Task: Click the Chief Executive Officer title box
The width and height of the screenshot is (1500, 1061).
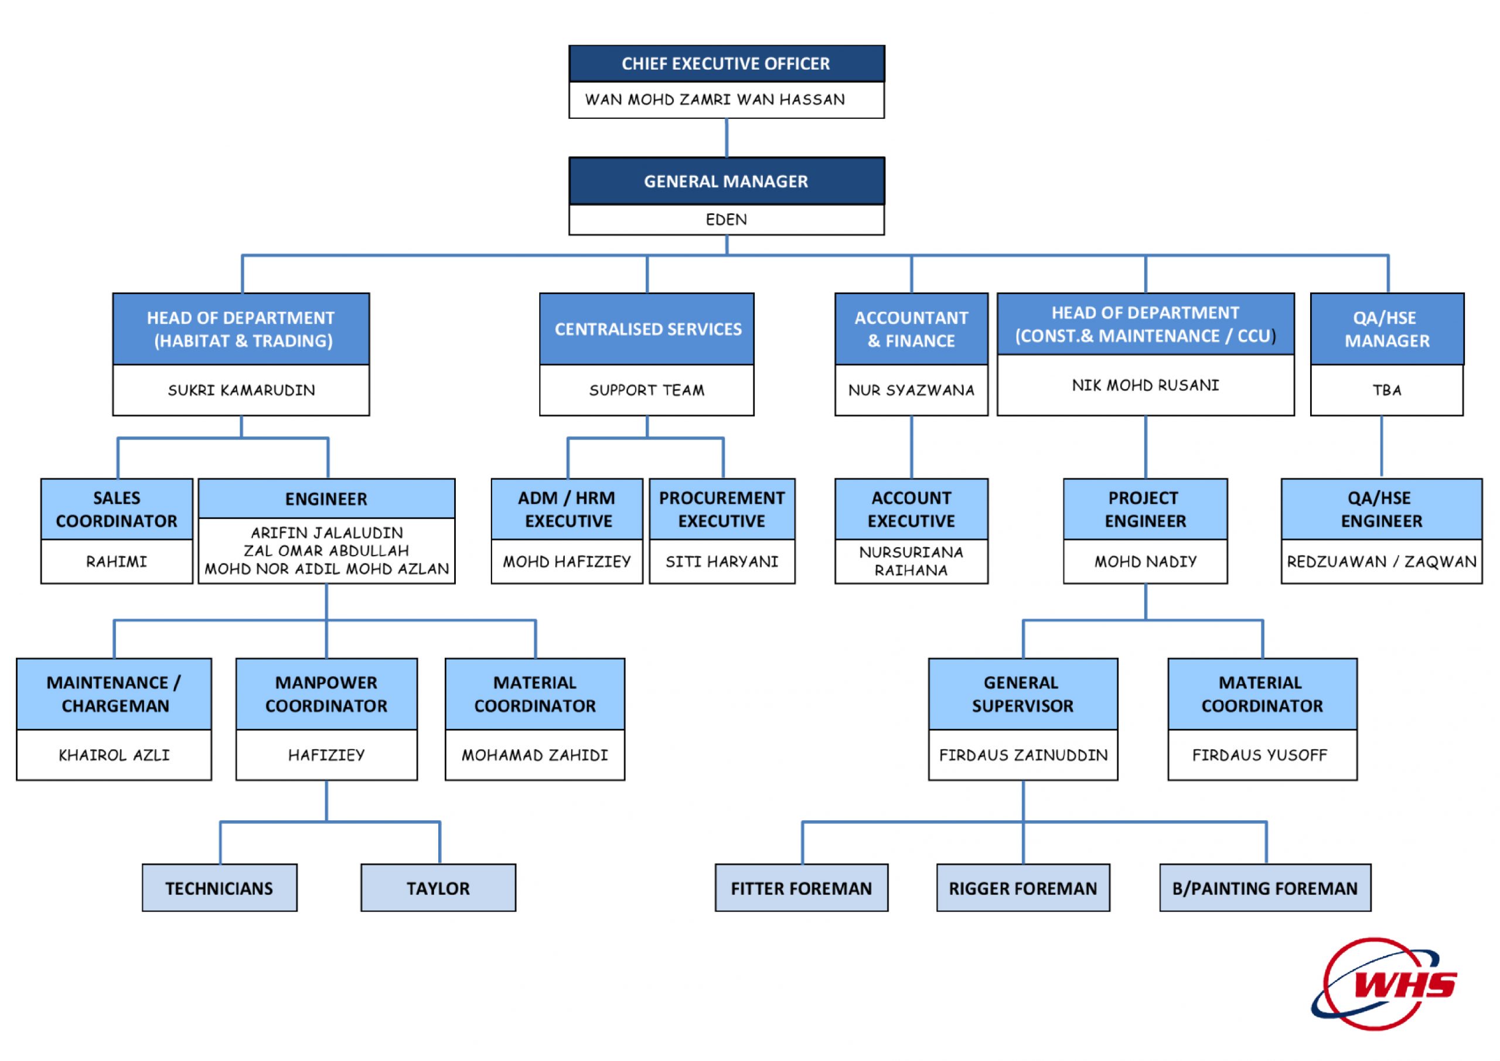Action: click(x=726, y=63)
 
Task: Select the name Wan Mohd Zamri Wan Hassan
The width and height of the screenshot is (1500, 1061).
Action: click(x=715, y=100)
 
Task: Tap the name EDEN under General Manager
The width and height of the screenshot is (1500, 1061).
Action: click(x=726, y=219)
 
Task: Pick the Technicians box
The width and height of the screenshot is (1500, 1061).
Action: click(x=219, y=888)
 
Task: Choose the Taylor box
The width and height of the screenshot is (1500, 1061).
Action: click(x=438, y=888)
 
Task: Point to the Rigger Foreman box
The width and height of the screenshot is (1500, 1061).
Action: click(x=1022, y=888)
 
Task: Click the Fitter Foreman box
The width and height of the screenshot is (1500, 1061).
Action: click(x=801, y=888)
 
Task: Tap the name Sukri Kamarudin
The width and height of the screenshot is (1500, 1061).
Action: click(x=241, y=390)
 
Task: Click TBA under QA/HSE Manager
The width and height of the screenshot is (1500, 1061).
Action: click(x=1386, y=390)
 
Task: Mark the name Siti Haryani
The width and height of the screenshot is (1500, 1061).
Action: click(x=721, y=561)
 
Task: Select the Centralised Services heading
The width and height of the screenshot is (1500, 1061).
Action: click(x=647, y=329)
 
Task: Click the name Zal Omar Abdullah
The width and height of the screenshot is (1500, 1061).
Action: click(x=326, y=550)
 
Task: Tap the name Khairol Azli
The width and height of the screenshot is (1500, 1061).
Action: click(x=114, y=755)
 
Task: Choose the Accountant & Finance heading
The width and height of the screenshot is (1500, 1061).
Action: click(x=911, y=329)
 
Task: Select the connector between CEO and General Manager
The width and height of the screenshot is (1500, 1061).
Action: click(x=727, y=137)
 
